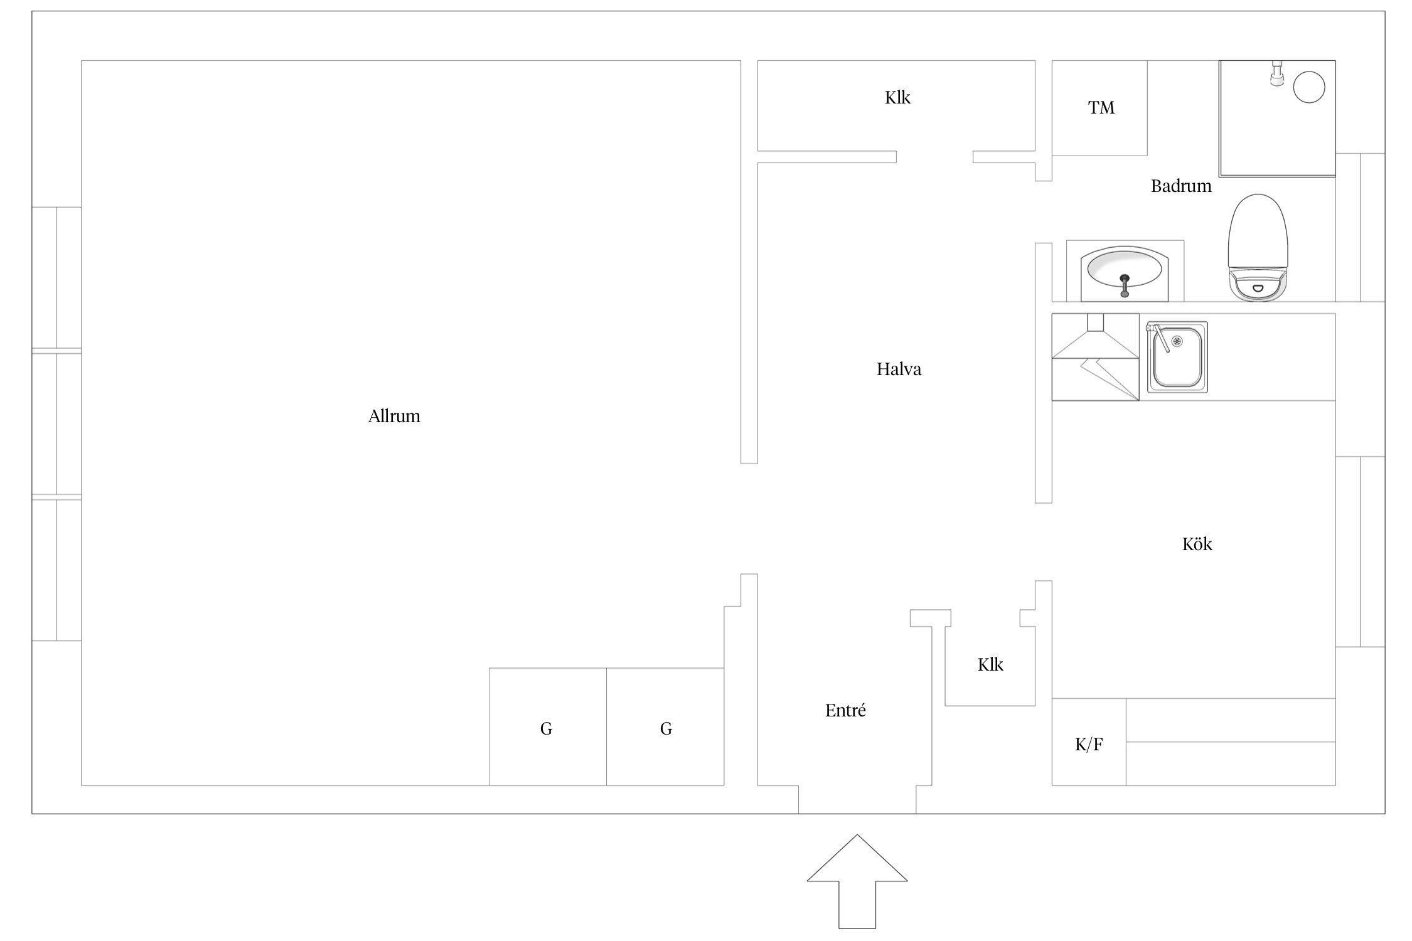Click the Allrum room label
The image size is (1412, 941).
pyautogui.click(x=394, y=416)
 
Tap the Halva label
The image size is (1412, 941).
pyautogui.click(x=899, y=369)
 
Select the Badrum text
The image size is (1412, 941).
pyautogui.click(x=1180, y=186)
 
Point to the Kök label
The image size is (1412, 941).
pyautogui.click(x=1197, y=544)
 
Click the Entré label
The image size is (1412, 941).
pyautogui.click(x=845, y=710)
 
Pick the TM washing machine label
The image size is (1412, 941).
pyautogui.click(x=1101, y=108)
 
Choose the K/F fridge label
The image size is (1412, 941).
pyautogui.click(x=1089, y=745)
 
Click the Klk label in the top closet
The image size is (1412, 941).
pyautogui.click(x=897, y=97)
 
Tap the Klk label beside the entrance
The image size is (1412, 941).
pyautogui.click(x=990, y=664)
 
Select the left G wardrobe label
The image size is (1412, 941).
pyautogui.click(x=546, y=728)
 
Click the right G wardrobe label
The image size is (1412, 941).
pyautogui.click(x=666, y=728)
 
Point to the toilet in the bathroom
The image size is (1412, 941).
pyautogui.click(x=1258, y=247)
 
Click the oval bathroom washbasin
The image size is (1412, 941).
pyautogui.click(x=1125, y=274)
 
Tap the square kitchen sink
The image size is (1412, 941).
pyautogui.click(x=1177, y=358)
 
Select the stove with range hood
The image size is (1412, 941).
pyautogui.click(x=1095, y=357)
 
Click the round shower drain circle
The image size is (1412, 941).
pyautogui.click(x=1309, y=87)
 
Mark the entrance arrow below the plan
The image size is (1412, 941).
pyautogui.click(x=857, y=881)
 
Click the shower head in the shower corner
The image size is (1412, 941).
pyautogui.click(x=1277, y=73)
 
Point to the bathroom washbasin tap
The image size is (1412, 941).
pyautogui.click(x=1125, y=285)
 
